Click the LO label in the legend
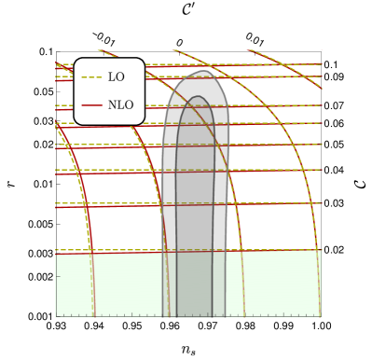pos(116,77)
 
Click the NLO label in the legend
pos(120,105)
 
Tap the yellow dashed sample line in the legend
pos(91,77)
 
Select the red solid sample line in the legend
pos(91,105)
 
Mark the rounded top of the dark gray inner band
pos(196,97)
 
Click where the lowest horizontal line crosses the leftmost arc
pos(92,251)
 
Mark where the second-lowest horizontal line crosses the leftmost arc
pos(85,204)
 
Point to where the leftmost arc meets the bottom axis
pos(95,316)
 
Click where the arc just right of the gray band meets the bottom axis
pos(245,316)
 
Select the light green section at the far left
pos(74,284)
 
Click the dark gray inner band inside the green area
pos(195,284)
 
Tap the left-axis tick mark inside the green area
pos(59,276)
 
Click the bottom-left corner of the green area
pos(57,316)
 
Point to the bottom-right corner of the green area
pos(321,316)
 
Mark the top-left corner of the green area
pos(57,252)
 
